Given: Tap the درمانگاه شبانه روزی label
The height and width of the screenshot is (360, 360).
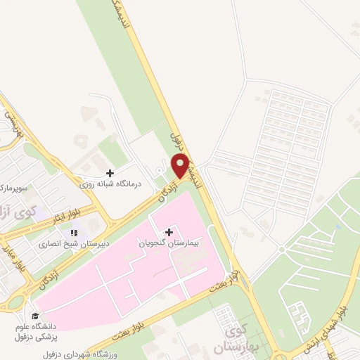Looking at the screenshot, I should click(110, 184).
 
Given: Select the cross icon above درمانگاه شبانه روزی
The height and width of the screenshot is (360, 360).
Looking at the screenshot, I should click(110, 172).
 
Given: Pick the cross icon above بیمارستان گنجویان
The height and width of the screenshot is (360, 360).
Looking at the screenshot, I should click(169, 231).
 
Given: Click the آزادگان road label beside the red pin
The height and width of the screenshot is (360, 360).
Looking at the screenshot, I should click(166, 191).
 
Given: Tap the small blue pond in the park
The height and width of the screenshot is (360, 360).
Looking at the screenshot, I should click(339, 227).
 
